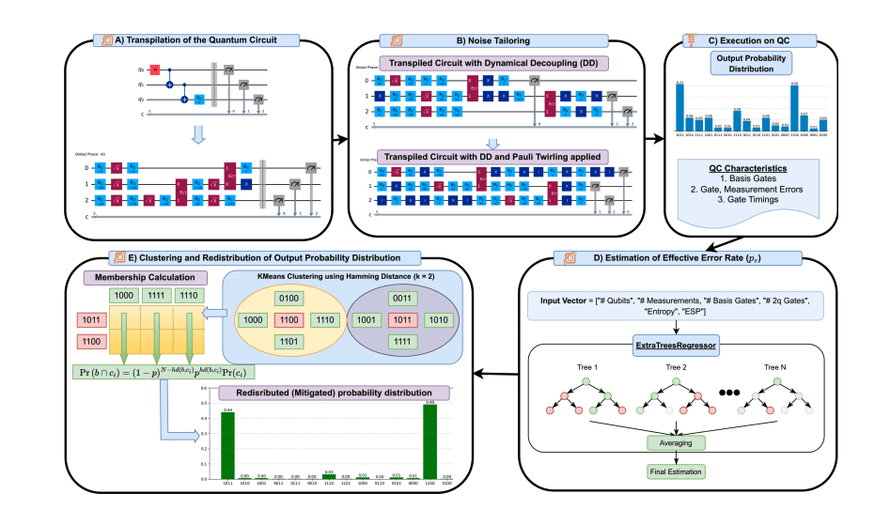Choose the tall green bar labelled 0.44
click(x=227, y=443)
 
